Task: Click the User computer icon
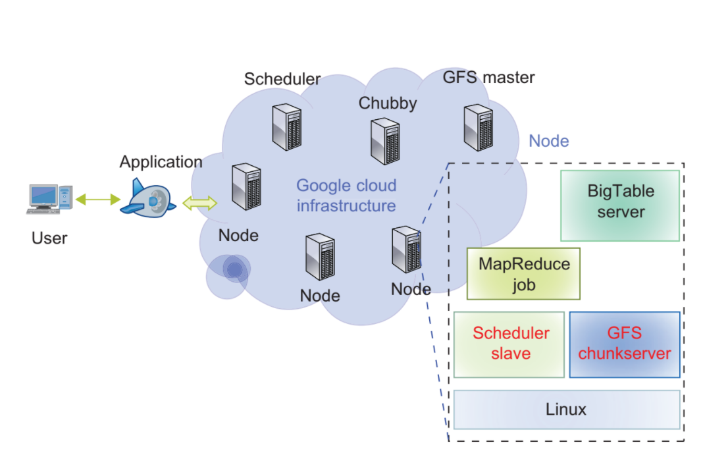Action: (48, 200)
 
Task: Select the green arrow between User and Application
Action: (96, 198)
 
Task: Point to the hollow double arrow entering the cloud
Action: (199, 203)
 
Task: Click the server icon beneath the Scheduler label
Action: (287, 127)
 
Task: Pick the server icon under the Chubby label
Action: (385, 141)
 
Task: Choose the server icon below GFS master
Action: (478, 127)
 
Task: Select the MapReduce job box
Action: (523, 274)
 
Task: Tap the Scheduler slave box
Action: (509, 344)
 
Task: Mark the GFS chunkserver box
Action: (624, 344)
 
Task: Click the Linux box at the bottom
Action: (566, 410)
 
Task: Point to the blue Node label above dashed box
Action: (548, 141)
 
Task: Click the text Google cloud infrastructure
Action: (346, 196)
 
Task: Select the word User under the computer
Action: (49, 238)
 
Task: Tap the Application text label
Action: (161, 162)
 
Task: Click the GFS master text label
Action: (488, 78)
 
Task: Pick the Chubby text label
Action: (387, 103)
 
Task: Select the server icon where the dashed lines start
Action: (405, 249)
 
